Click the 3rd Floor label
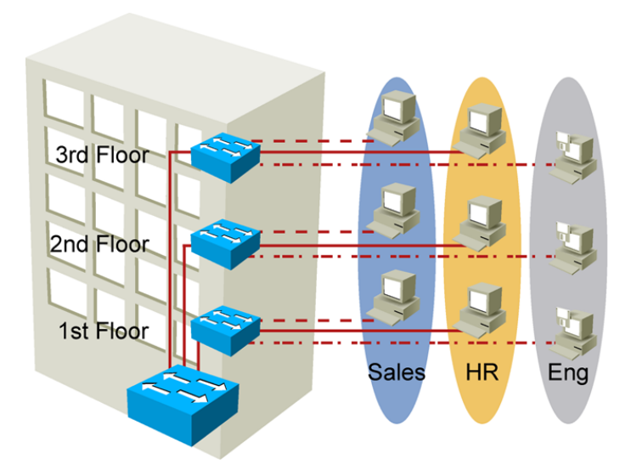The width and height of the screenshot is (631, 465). (x=102, y=156)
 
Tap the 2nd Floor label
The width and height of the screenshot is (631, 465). (x=99, y=245)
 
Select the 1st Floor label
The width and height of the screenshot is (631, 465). (x=103, y=331)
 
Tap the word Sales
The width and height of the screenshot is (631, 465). (x=397, y=372)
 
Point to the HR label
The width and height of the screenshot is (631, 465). (x=482, y=372)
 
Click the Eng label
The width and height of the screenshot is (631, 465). (x=568, y=372)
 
